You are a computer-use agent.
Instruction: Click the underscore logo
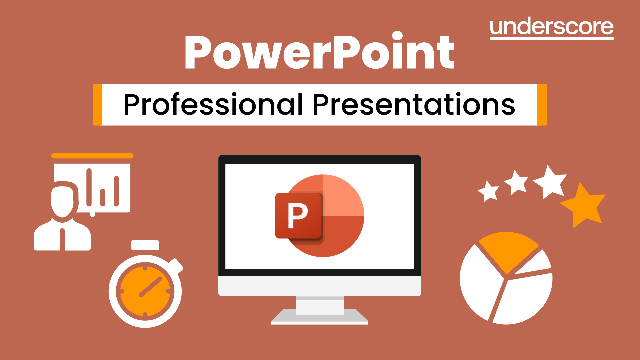(551, 28)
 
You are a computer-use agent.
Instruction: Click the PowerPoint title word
(319, 52)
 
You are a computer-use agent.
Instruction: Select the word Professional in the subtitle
(213, 105)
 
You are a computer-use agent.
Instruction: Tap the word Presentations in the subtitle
(414, 105)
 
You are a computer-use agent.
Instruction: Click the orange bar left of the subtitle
(97, 105)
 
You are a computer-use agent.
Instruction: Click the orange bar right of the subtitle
(542, 105)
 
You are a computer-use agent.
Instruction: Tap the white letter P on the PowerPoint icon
(297, 216)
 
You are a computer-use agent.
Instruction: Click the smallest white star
(489, 191)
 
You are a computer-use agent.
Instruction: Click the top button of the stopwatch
(145, 245)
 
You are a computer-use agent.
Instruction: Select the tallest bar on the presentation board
(89, 187)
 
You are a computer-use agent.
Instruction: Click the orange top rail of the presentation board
(92, 156)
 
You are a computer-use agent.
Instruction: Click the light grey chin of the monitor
(320, 286)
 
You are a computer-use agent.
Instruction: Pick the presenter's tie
(62, 239)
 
